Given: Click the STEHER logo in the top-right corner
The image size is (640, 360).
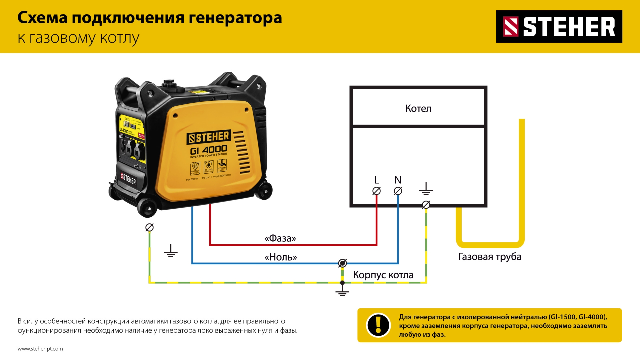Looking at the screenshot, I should [559, 26].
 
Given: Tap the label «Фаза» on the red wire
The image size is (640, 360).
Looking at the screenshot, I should [280, 238].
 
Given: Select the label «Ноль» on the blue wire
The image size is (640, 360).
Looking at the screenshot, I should [281, 257].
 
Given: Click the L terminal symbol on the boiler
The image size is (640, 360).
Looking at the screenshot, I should [376, 191].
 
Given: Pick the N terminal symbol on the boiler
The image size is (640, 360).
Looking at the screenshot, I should [398, 191].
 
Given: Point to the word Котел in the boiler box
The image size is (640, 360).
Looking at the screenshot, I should [418, 108].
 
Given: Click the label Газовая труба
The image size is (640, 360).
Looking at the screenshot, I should [490, 257].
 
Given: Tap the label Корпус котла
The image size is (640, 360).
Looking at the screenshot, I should [383, 275].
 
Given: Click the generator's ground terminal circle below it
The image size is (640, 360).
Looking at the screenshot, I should [149, 227].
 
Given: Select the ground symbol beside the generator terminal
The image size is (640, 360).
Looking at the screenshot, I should [171, 251].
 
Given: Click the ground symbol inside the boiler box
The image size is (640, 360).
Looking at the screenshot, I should [426, 189].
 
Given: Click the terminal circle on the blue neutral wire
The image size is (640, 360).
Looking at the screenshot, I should [342, 263].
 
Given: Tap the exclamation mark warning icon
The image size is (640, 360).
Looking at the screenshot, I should [378, 325].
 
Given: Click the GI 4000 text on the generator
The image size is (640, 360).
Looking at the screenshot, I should [209, 150].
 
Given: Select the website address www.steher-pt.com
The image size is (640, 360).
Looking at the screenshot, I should [40, 349].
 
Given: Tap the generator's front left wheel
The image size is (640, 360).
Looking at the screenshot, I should [147, 208].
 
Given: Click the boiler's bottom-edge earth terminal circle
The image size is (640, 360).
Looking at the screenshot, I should [426, 205].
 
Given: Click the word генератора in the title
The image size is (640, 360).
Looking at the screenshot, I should [235, 18].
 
